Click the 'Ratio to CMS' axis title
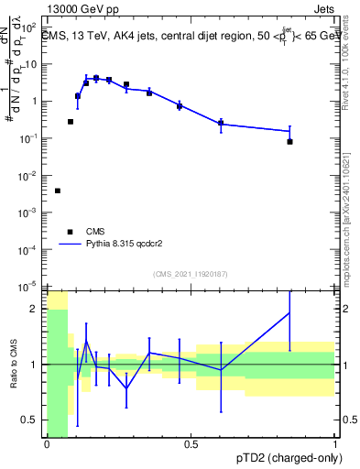pyautogui.click(x=12, y=365)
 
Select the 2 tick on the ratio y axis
pyautogui.click(x=36, y=309)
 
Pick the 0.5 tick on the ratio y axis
pyautogui.click(x=30, y=420)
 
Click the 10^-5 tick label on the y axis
pyautogui.click(x=27, y=287)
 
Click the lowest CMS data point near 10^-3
pyautogui.click(x=58, y=191)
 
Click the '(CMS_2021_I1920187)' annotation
pyautogui.click(x=190, y=274)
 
